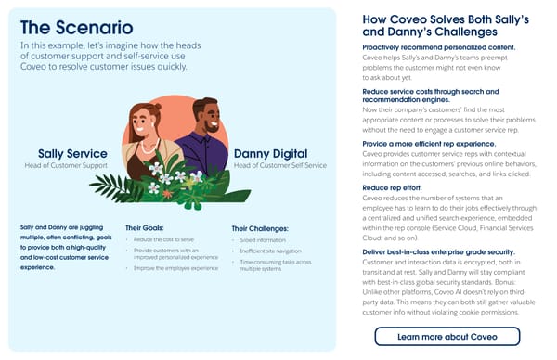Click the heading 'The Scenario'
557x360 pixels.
pos(76,28)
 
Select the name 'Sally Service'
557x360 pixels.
pos(72,154)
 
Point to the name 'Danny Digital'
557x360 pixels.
pos(275,153)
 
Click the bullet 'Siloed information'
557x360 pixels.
pos(266,239)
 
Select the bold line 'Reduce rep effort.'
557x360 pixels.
pos(393,187)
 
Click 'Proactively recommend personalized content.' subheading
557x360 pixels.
pos(439,46)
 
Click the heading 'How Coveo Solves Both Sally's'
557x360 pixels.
pos(445,19)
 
